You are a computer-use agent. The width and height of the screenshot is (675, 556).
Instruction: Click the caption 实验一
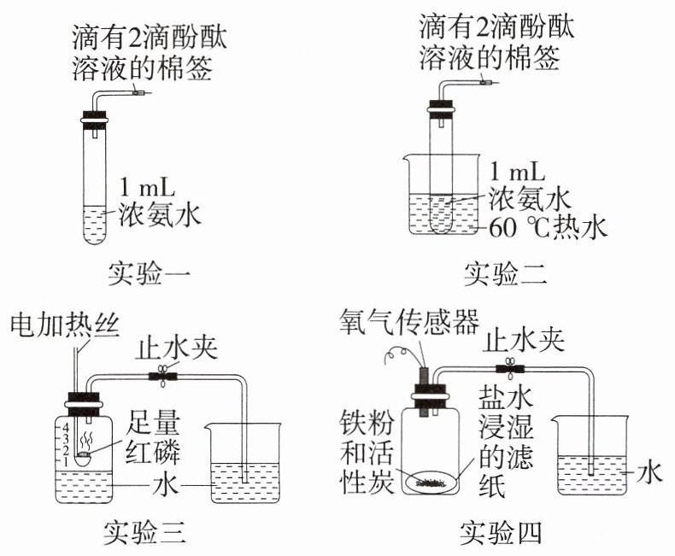tap(149, 272)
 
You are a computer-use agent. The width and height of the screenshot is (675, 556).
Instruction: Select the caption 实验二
tap(505, 272)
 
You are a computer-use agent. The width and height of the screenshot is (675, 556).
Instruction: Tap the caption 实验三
tap(145, 532)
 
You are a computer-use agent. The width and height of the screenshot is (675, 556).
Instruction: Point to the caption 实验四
tap(501, 532)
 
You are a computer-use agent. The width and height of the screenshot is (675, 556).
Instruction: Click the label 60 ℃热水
tap(548, 227)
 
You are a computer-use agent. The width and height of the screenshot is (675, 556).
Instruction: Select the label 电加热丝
tap(65, 325)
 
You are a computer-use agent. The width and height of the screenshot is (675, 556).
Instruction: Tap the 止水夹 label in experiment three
tap(177, 348)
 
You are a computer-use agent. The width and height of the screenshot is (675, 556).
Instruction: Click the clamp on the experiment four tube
tap(510, 369)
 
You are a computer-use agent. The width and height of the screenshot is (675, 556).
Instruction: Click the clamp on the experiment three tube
tap(162, 377)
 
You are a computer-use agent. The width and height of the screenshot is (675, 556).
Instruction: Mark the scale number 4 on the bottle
tap(66, 428)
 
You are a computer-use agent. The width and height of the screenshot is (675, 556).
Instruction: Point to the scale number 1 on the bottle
tap(66, 462)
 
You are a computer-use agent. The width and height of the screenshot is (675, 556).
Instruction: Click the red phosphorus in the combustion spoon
tap(83, 454)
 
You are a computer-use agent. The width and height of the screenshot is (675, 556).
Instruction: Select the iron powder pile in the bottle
tap(431, 483)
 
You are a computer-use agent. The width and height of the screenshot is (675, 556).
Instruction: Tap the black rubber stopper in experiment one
tap(94, 120)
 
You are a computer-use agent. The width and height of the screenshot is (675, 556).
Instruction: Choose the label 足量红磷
tap(152, 436)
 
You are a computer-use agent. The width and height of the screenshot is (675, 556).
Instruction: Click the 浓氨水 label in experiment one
tap(160, 213)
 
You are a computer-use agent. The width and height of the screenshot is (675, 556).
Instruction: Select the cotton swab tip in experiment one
tap(139, 92)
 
